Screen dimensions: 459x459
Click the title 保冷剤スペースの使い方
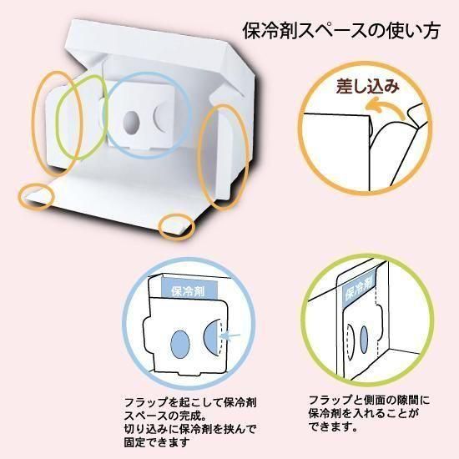point(341,31)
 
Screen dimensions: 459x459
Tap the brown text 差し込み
point(368,86)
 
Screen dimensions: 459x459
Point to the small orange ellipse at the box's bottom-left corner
point(36,196)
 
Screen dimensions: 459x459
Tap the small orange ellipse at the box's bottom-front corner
point(177,227)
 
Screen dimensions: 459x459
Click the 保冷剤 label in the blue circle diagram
point(189,291)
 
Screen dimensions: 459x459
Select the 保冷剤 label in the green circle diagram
point(359,290)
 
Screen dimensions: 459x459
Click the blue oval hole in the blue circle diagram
point(180,344)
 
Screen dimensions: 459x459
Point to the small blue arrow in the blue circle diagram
point(230,336)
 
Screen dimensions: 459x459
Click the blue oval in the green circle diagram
point(364,340)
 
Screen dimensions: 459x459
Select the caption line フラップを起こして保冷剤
point(190,402)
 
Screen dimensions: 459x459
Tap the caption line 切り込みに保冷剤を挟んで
point(190,428)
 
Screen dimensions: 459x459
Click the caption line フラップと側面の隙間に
point(369,400)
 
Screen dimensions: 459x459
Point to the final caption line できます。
point(333,426)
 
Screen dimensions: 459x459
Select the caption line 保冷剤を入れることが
point(364,414)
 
